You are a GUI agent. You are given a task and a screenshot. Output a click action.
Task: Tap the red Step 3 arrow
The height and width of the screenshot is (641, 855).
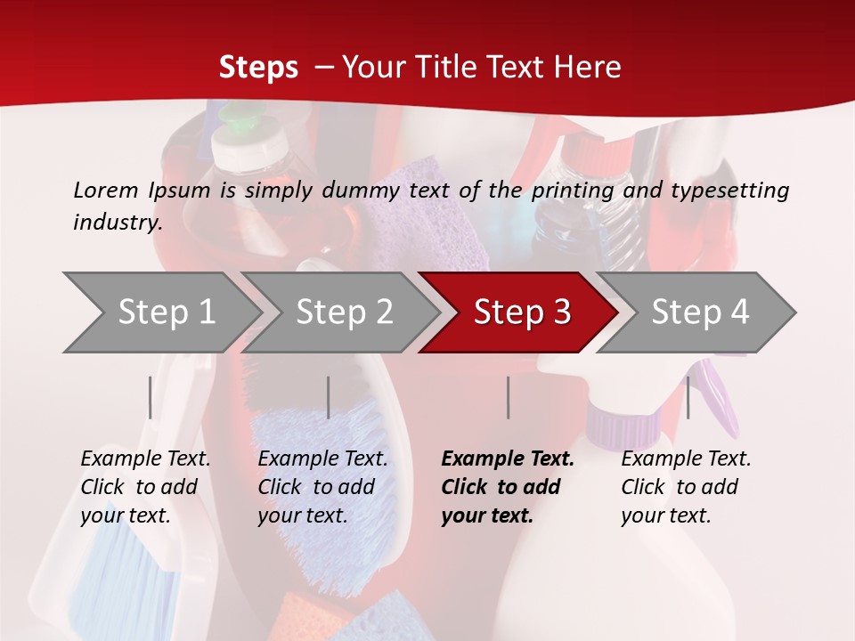(522, 312)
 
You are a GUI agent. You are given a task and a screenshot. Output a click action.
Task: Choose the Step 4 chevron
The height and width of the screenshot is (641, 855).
(700, 312)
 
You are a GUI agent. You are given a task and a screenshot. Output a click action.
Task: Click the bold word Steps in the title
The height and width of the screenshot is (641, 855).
(258, 67)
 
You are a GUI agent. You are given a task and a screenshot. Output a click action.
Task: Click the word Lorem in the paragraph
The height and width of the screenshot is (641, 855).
(105, 190)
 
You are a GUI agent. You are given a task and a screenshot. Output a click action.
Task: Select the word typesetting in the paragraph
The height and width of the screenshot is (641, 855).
(729, 190)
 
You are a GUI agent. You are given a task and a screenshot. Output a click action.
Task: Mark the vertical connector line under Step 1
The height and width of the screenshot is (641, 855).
(151, 397)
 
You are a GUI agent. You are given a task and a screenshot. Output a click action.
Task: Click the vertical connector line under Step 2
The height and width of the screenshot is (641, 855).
(329, 397)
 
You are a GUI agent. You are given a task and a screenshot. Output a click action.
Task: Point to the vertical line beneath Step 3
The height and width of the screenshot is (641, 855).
(508, 397)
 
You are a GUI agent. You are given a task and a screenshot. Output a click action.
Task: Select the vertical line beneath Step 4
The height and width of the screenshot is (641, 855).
(688, 397)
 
